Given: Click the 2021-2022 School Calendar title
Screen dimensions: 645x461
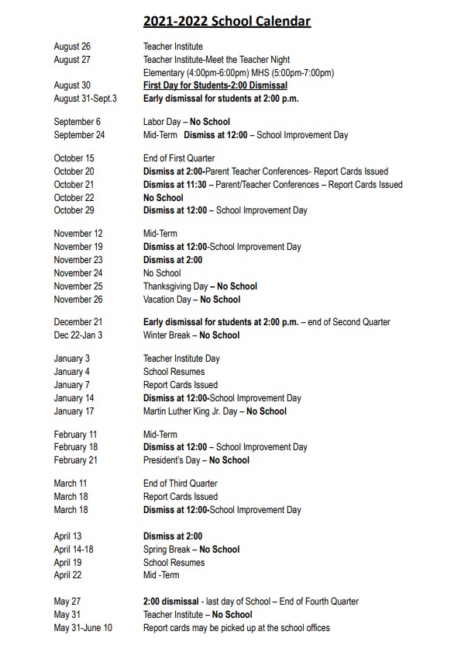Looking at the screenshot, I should (x=227, y=21).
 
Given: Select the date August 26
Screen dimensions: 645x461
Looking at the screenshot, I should (x=72, y=47).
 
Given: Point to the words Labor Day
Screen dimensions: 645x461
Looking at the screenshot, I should (x=163, y=122).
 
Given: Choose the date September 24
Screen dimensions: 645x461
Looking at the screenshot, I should (x=79, y=135).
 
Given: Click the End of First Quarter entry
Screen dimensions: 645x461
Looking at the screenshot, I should (x=179, y=158).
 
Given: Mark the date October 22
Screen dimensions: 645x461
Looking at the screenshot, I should (x=74, y=198).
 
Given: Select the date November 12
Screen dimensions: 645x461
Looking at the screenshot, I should (x=78, y=234).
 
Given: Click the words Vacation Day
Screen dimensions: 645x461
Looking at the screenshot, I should (x=167, y=300).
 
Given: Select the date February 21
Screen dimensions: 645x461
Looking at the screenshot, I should (x=75, y=460).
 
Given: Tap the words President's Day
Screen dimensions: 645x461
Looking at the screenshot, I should (x=173, y=460).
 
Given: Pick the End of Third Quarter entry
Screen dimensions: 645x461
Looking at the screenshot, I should (x=180, y=484).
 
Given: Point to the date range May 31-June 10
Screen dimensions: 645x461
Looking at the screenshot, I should (x=83, y=628).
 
